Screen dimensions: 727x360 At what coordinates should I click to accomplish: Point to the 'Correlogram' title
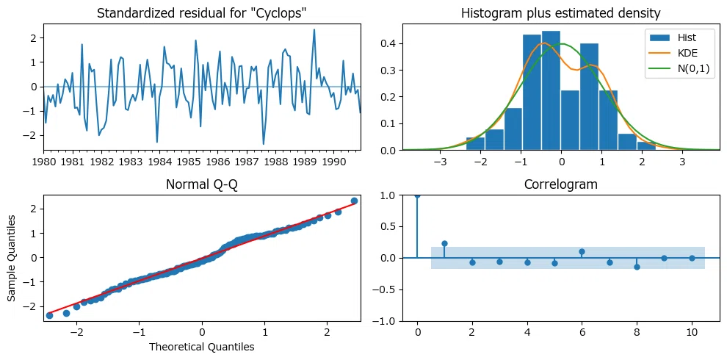[561, 184]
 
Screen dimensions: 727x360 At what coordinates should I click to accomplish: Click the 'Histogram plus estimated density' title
[560, 13]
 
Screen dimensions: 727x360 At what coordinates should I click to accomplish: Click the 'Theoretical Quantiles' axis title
[202, 347]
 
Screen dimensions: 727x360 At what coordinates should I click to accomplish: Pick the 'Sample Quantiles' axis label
[12, 257]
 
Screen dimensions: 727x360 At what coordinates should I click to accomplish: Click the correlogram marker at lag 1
[444, 243]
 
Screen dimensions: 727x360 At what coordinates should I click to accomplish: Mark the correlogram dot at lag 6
[582, 251]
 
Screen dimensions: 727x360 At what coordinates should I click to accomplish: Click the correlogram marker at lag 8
[637, 267]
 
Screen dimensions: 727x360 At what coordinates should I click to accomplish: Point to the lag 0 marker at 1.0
[417, 195]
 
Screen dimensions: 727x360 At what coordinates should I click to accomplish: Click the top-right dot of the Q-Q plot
[354, 201]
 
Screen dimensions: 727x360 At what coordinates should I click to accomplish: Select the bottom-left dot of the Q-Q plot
[50, 315]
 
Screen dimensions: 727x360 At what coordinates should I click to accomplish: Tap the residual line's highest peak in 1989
[314, 29]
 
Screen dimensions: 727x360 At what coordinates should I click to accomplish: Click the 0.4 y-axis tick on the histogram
[390, 44]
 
